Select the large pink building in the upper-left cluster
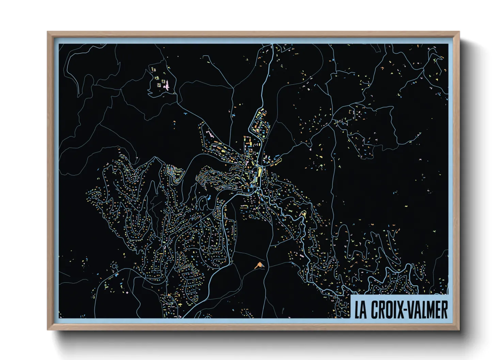(x=167, y=87)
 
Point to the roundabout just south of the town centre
(x=258, y=189)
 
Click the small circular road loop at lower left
(x=114, y=264)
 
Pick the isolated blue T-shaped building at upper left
(x=185, y=113)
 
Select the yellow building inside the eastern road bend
(x=304, y=214)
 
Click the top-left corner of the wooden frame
(x=48, y=32)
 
